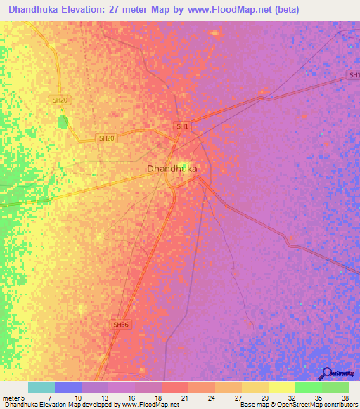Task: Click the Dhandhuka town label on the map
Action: [x=172, y=169]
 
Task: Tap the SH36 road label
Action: [x=121, y=325]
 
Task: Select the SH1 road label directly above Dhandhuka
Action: [x=183, y=126]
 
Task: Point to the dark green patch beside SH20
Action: [x=63, y=122]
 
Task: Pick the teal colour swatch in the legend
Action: [x=41, y=387]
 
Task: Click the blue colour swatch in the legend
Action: [x=68, y=387]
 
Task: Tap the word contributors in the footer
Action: [x=340, y=404]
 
